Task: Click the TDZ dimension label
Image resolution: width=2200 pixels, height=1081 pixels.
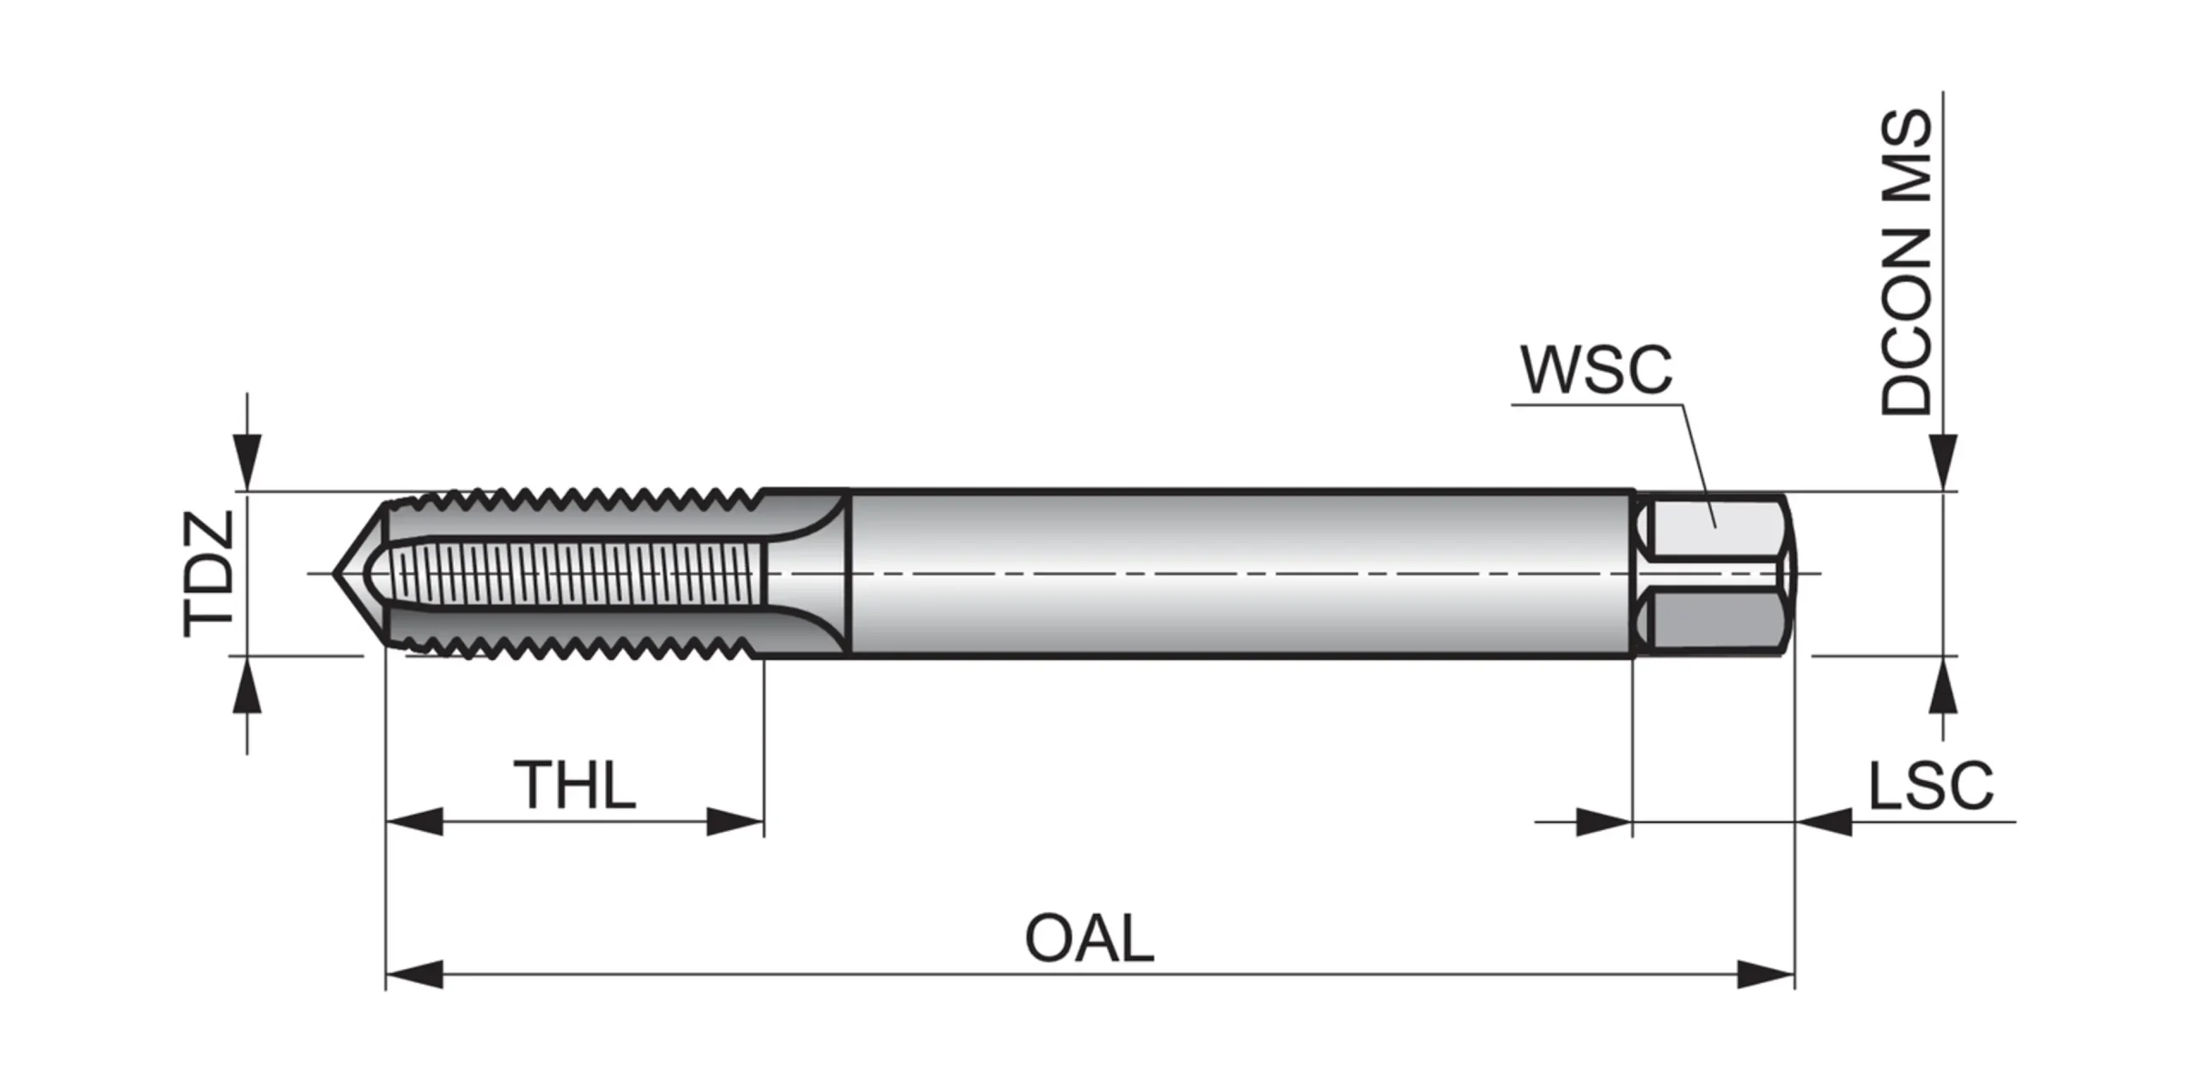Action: [209, 573]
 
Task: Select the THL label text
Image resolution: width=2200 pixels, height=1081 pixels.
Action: [574, 785]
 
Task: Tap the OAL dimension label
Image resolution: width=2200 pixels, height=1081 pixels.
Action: [1089, 938]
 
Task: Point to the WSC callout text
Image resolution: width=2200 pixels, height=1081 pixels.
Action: [1596, 370]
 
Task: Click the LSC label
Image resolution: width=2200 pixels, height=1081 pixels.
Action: [1930, 785]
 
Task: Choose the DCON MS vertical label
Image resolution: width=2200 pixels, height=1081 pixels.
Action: [1906, 262]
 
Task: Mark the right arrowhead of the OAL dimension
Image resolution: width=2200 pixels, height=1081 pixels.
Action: [1766, 975]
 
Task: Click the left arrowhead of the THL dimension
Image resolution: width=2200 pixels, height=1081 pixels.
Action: [414, 821]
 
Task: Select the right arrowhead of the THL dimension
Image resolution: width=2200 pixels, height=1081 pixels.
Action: [735, 821]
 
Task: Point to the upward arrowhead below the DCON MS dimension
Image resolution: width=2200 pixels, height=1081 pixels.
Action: [1943, 686]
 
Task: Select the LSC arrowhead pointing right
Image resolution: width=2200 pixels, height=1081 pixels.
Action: [1604, 821]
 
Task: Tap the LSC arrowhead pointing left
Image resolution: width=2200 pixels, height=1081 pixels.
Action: [1824, 821]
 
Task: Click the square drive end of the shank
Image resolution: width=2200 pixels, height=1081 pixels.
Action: [1714, 573]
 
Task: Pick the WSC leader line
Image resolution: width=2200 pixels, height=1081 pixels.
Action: [1697, 464]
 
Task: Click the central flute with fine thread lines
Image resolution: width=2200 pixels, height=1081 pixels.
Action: [576, 573]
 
